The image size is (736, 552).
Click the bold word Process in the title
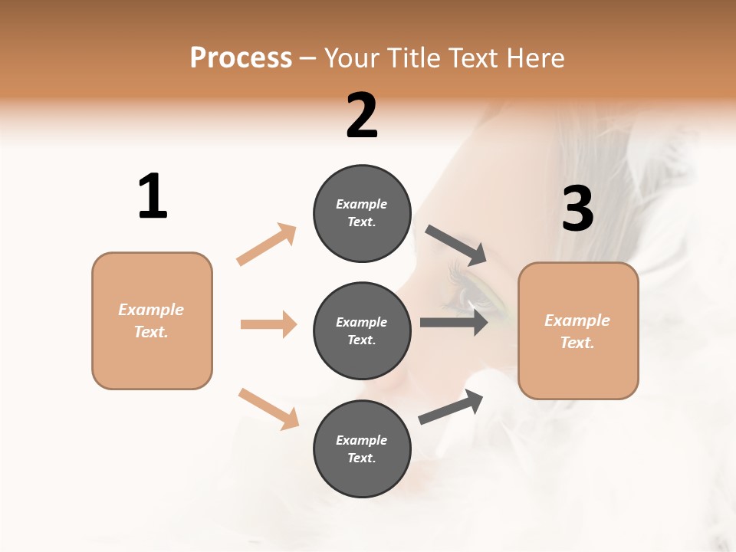pos(241,58)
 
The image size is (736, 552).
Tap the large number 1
pos(153,197)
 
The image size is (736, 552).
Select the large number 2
pos(362,117)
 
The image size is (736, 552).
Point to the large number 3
pos(577,209)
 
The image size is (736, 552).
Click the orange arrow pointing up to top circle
pos(267,244)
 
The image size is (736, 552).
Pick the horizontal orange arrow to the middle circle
pos(268,324)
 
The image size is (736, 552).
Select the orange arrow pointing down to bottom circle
pos(268,409)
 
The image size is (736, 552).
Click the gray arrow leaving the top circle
pos(457,245)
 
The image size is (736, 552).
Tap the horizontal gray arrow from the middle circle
pos(454,322)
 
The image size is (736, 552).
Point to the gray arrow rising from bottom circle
pos(451,407)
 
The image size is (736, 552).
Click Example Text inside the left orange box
pos(151,320)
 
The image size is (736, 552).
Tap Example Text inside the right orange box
pos(577,331)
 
